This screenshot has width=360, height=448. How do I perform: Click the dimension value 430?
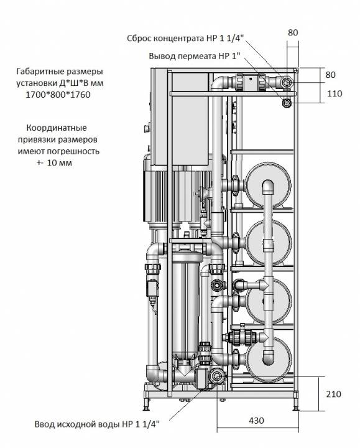click(256, 420)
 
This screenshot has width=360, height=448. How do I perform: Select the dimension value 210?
click(333, 394)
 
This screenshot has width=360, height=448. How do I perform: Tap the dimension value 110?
click(335, 93)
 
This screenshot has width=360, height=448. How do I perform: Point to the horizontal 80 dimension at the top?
click(293, 32)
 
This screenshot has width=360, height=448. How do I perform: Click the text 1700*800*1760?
click(58, 95)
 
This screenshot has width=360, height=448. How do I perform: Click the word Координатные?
click(57, 128)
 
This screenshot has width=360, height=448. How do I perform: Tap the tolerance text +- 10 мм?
click(54, 163)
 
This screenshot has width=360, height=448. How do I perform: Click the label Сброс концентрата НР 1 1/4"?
click(185, 39)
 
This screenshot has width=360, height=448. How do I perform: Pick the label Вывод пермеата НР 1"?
click(195, 56)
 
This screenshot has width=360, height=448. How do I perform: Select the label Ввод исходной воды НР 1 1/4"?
click(97, 424)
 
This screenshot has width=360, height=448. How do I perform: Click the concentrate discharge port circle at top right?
click(287, 83)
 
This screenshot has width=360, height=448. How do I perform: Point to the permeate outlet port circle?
click(287, 103)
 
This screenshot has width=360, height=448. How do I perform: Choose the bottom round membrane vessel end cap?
click(269, 360)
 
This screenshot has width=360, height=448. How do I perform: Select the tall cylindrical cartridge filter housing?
click(185, 306)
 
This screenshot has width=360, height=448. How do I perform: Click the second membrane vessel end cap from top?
click(269, 243)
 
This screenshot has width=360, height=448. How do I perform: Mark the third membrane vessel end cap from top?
click(269, 301)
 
